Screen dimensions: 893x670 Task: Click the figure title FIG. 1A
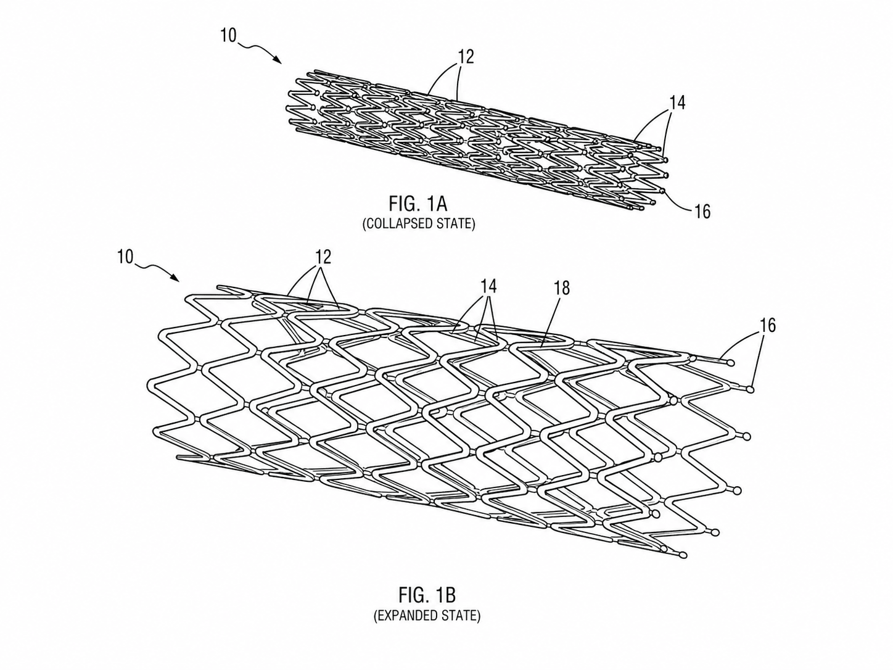click(x=418, y=204)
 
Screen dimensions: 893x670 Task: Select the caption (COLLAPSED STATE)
click(x=419, y=224)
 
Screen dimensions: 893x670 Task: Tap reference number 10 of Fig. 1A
click(x=229, y=35)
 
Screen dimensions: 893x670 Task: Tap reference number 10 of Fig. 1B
click(x=125, y=257)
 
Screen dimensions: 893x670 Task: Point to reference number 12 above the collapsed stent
click(x=466, y=57)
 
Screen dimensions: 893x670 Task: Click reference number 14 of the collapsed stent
click(x=677, y=102)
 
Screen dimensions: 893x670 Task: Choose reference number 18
click(x=561, y=288)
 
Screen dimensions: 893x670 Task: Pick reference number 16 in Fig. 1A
click(x=702, y=212)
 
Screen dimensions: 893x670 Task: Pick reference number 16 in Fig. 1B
click(x=767, y=325)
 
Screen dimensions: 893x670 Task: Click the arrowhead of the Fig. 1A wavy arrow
click(x=278, y=60)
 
